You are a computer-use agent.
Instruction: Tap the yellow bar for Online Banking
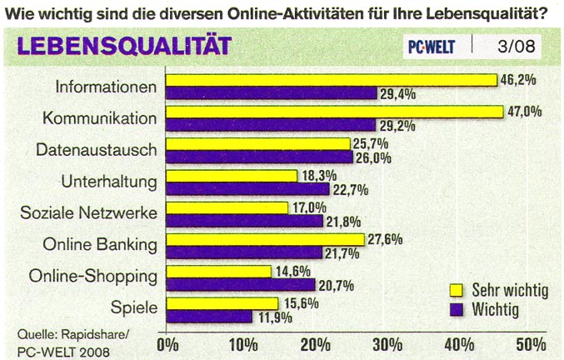(266, 239)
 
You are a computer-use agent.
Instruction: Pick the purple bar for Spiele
(209, 316)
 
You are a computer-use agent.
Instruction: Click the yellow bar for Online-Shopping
(219, 271)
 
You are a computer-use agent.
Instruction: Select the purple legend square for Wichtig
(456, 310)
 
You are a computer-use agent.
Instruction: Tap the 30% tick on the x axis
(387, 343)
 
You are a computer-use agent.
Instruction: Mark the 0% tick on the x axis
(168, 343)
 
